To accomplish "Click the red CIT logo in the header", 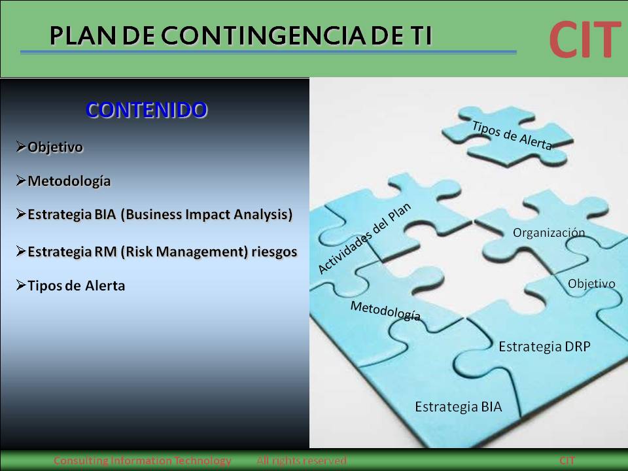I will coord(584,39).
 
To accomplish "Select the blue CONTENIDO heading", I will coord(147,110).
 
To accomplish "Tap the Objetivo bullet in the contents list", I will coord(55,147).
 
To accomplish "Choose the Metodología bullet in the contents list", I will coord(69,181).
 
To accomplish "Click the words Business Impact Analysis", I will coord(205,215).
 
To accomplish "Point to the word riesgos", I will coord(274,251).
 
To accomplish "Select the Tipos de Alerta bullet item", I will coord(76,286).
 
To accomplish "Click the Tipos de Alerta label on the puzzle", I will coord(512,136).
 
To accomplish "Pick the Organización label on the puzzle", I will coord(548,233).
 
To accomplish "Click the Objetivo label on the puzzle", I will coord(591,284).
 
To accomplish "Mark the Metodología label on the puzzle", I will coord(385,311).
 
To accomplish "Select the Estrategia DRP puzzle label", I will coord(544,347).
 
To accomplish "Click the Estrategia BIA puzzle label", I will coord(458,407).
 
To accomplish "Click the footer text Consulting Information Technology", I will coord(142,461).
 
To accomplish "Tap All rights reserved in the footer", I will coord(301,461).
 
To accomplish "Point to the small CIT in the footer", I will coord(567,461).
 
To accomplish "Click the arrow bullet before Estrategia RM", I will coord(22,251).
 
